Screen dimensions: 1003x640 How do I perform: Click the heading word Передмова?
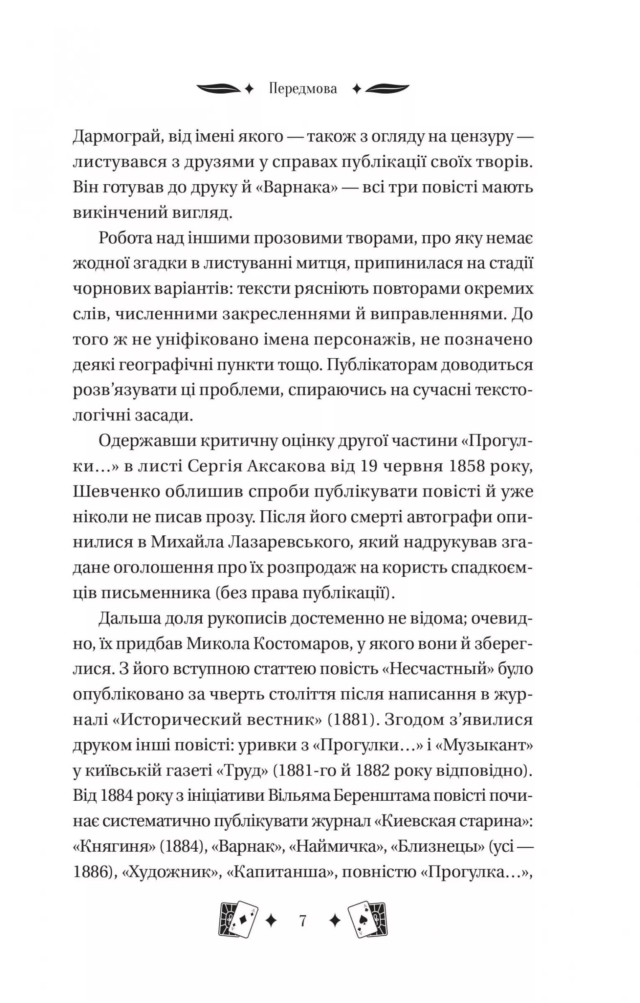303,89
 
